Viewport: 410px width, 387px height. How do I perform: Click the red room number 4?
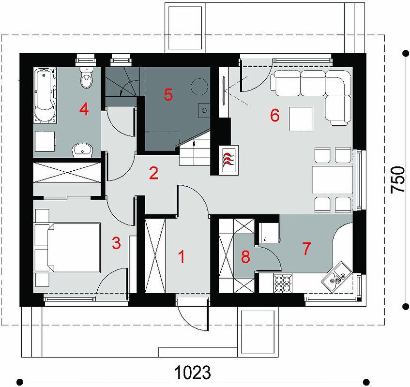pyautogui.click(x=84, y=109)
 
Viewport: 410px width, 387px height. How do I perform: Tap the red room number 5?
pyautogui.click(x=168, y=95)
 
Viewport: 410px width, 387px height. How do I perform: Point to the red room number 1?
pyautogui.click(x=182, y=256)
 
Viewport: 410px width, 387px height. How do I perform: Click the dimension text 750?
pyautogui.click(x=397, y=180)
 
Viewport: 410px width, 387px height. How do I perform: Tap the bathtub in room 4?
pyautogui.click(x=45, y=95)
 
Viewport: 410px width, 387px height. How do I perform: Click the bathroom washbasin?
pyautogui.click(x=82, y=150)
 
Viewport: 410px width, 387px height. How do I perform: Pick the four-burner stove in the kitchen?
pyautogui.click(x=283, y=283)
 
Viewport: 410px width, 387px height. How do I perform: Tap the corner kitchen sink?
pyautogui.click(x=337, y=276)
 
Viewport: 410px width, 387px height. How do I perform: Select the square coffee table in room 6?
pyautogui.click(x=301, y=119)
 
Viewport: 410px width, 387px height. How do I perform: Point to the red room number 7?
pyautogui.click(x=306, y=248)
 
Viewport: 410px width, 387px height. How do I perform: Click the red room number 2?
pyautogui.click(x=154, y=173)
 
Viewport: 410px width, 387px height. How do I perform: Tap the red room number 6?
pyautogui.click(x=275, y=115)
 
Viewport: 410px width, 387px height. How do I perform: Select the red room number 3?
pyautogui.click(x=116, y=243)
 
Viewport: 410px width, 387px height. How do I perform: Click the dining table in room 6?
pyautogui.click(x=333, y=180)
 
